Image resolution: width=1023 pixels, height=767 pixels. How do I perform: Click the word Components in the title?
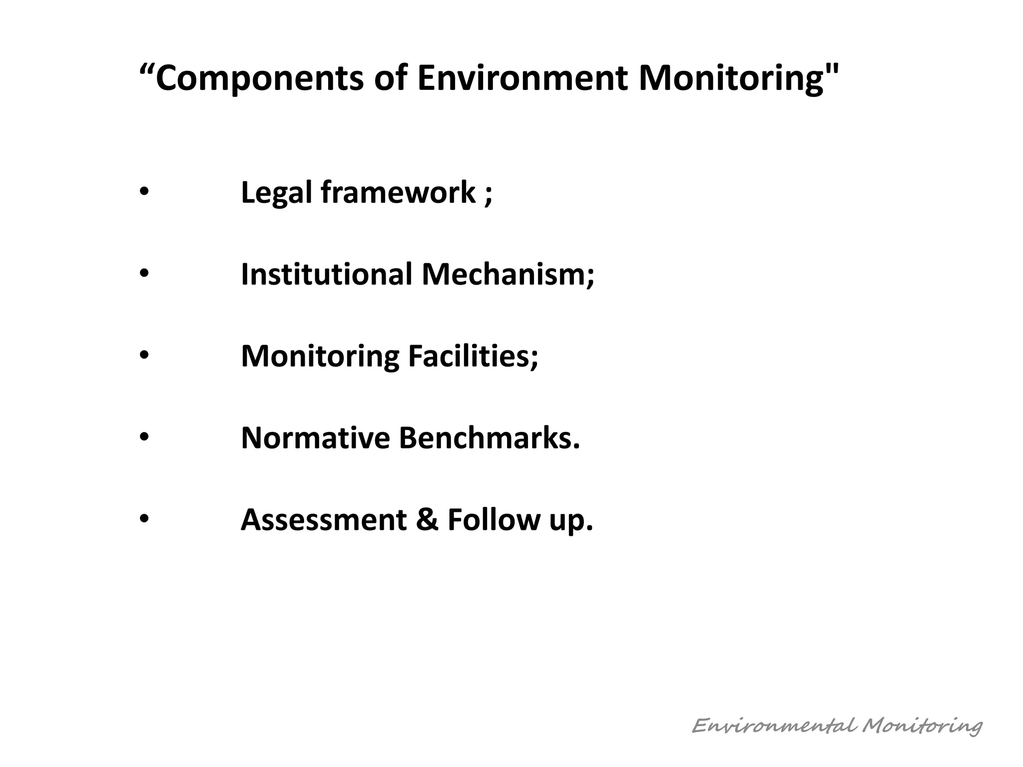tap(259, 78)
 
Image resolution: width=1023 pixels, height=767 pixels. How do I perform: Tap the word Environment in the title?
tap(522, 78)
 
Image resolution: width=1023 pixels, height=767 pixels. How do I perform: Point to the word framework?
tap(398, 193)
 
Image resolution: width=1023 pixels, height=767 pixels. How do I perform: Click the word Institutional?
tap(326, 275)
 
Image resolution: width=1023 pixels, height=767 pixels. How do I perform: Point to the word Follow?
tap(493, 520)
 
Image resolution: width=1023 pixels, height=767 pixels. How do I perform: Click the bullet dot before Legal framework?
tap(144, 193)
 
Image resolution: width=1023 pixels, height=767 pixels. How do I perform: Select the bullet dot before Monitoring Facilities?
tap(144, 356)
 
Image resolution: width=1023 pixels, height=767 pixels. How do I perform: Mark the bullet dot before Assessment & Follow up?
tap(144, 519)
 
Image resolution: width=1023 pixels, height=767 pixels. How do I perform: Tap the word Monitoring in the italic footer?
tap(922, 726)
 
